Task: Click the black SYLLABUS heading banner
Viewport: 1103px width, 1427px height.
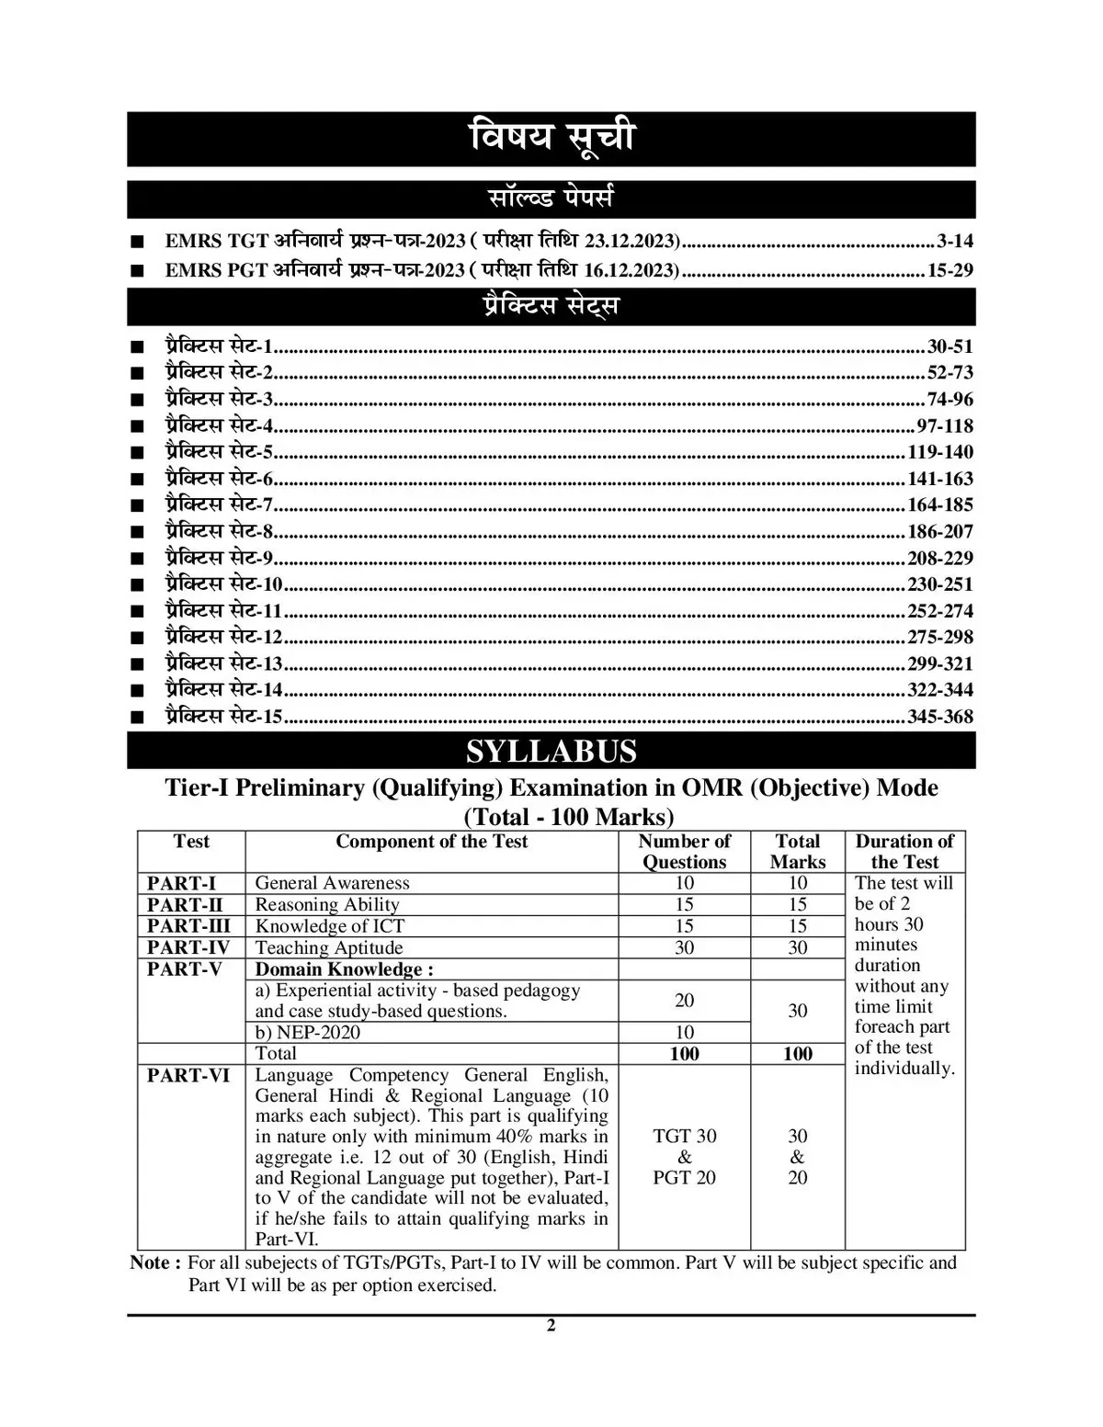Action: pyautogui.click(x=551, y=751)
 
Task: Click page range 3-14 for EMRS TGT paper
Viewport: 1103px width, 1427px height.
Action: pyautogui.click(x=954, y=242)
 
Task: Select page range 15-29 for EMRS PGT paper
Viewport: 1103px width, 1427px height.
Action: pyautogui.click(x=949, y=270)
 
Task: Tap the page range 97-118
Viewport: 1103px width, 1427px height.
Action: pyautogui.click(x=945, y=426)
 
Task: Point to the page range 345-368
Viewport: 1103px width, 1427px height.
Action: pyautogui.click(x=939, y=717)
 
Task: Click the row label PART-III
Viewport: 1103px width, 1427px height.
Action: pyautogui.click(x=188, y=926)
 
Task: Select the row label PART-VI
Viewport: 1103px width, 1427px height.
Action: pyautogui.click(x=188, y=1075)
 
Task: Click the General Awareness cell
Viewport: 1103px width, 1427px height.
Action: pyautogui.click(x=332, y=883)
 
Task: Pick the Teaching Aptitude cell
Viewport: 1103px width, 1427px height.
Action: pyautogui.click(x=329, y=947)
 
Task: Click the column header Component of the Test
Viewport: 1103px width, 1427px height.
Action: pyautogui.click(x=431, y=842)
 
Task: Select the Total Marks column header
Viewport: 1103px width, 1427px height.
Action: pyautogui.click(x=797, y=851)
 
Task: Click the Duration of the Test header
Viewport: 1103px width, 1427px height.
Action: pyautogui.click(x=904, y=851)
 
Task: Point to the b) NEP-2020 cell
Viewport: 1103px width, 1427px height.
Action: pyautogui.click(x=307, y=1032)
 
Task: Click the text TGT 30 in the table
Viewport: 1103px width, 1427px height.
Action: pyautogui.click(x=684, y=1137)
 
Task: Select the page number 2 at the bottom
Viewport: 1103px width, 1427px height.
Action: pyautogui.click(x=551, y=1325)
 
